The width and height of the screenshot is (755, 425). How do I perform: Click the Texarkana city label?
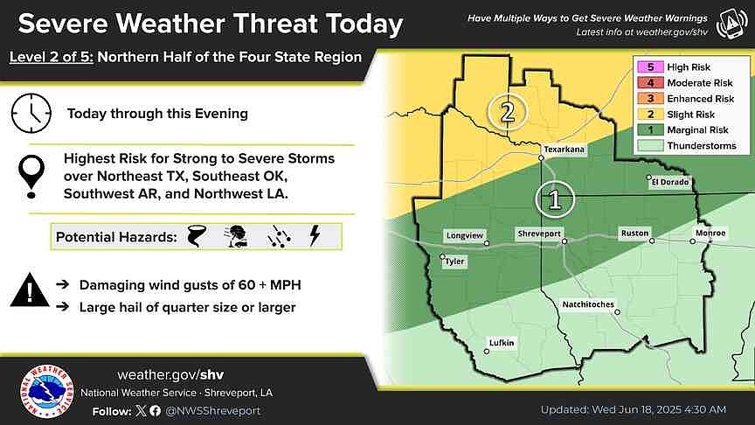pos(563,150)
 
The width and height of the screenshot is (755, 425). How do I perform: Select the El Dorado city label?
pos(670,182)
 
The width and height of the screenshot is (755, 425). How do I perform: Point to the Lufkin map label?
pos(502,342)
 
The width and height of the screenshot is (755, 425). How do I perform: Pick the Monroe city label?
pos(710,233)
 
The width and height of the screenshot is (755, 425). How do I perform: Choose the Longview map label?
pos(464,235)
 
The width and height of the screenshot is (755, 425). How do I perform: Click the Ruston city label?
pos(634,233)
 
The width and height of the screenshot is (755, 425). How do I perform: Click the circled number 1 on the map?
pos(554,199)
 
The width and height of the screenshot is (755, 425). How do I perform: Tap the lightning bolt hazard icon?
pos(315,236)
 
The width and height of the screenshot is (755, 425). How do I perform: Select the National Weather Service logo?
pos(45,392)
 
